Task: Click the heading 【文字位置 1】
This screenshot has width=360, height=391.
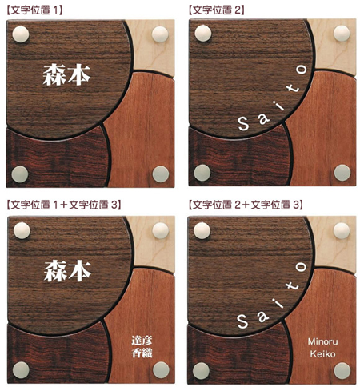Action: [34, 10]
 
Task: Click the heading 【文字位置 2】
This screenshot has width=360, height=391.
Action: [216, 10]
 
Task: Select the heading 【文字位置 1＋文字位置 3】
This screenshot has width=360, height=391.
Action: [64, 205]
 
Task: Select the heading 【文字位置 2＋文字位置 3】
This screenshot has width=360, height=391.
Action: [246, 205]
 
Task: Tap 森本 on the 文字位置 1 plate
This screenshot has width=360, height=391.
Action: [66, 75]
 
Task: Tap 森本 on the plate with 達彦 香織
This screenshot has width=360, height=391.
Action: [68, 271]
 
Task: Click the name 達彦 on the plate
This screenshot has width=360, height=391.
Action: [142, 341]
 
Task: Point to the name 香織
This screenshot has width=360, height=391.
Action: [142, 353]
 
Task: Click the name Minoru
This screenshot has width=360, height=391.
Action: [322, 341]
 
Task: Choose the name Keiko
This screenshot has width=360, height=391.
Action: [322, 354]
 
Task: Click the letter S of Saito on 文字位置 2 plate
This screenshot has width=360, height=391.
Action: [243, 124]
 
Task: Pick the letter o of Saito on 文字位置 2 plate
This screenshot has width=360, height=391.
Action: [302, 70]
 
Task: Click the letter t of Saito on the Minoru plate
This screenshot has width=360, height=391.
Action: [293, 285]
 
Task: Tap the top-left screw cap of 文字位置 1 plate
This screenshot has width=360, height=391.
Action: [21, 34]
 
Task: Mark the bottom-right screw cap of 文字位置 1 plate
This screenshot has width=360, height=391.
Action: [161, 174]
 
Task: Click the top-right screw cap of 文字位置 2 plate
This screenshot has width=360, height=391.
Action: [342, 34]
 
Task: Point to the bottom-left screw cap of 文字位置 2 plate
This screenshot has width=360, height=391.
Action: [202, 173]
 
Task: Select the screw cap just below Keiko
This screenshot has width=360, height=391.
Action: [342, 370]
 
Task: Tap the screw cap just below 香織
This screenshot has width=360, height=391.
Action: [161, 370]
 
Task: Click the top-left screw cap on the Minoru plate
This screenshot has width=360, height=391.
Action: [202, 230]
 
